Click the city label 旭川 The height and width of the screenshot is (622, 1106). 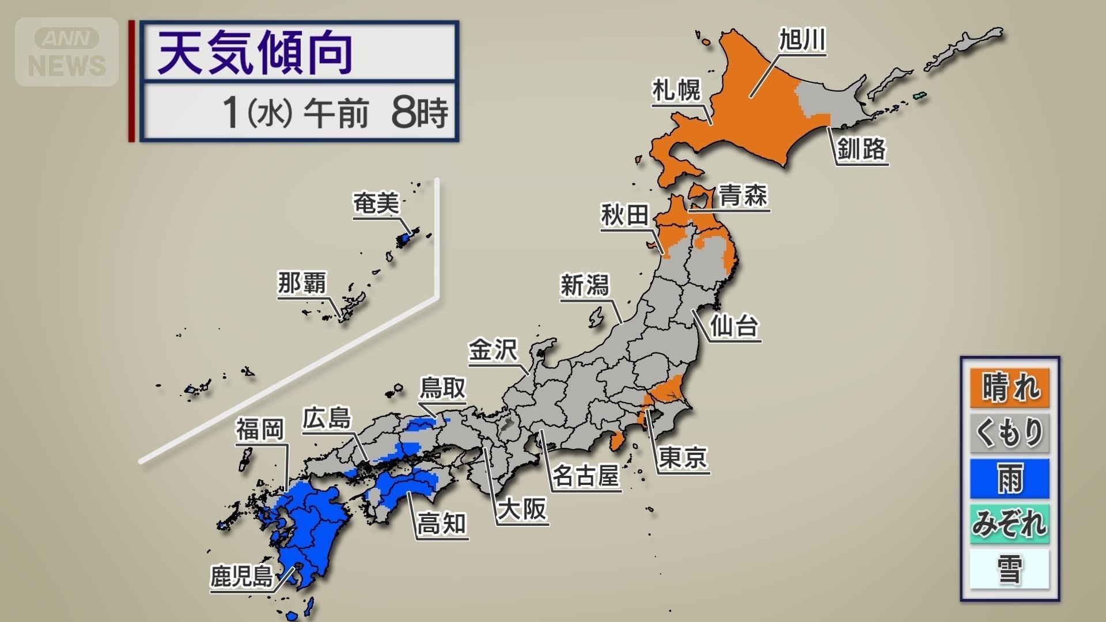coord(802,40)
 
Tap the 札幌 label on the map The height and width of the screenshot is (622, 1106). coord(676,90)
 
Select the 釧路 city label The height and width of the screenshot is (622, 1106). coord(861,149)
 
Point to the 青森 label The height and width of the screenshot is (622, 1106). coord(743,195)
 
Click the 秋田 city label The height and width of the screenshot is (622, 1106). coord(625,215)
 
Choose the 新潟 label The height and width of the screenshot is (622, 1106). coord(585,285)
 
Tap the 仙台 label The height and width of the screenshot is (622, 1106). coord(734,326)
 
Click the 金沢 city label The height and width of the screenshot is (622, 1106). coord(493,350)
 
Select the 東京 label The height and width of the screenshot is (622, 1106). coord(683,458)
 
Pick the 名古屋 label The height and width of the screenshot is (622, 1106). coord(586,476)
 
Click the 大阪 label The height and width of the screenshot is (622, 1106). coord(522,509)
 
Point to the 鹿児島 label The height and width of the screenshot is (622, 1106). coord(241,576)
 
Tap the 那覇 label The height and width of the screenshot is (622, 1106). coord(302,283)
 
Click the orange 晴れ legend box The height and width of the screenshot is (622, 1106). coord(1010,387)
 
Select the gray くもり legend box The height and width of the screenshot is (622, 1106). coord(1010,433)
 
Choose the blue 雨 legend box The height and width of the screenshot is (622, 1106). coord(1010,479)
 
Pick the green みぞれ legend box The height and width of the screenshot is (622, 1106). coord(1010,524)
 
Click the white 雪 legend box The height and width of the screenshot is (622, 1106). coord(1010,569)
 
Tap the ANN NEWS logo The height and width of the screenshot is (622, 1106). coord(67,52)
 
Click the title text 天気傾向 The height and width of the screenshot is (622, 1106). coord(255,53)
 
